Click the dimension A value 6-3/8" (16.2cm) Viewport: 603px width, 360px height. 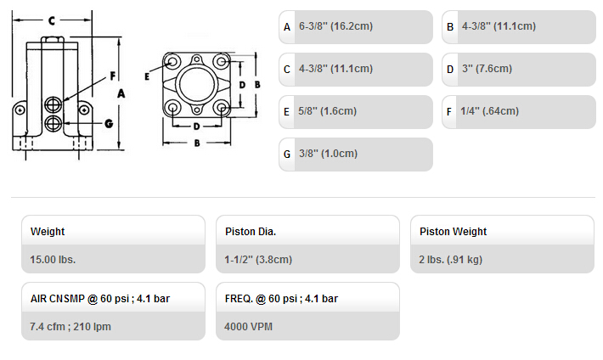point(335,26)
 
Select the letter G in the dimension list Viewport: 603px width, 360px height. point(287,155)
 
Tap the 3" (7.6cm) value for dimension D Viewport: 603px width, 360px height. point(487,69)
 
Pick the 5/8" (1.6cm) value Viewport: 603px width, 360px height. point(327,111)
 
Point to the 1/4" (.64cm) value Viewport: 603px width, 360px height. point(489,111)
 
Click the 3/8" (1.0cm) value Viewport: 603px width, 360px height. point(328,154)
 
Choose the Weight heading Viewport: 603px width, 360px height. point(48,232)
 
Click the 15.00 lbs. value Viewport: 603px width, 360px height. point(53,260)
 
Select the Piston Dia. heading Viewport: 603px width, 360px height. point(251,232)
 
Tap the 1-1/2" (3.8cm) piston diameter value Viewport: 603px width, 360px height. point(258,260)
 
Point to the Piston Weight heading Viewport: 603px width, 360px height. point(453,232)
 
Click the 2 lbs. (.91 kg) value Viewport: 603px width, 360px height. point(450,260)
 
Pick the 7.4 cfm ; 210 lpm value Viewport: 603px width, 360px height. point(70,327)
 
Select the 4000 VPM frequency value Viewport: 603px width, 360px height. point(248,327)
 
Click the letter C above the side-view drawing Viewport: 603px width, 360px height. point(52,20)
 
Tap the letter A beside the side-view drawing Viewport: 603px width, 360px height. point(121,93)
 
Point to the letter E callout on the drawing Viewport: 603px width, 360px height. point(147,76)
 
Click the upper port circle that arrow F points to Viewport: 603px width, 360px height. point(53,104)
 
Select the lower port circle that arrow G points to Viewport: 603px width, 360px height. point(53,123)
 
